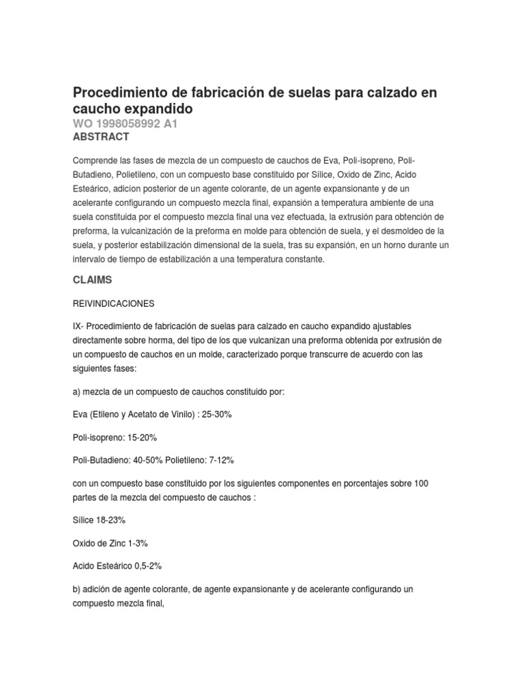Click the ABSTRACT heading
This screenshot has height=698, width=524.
point(100,137)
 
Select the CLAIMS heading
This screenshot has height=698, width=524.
point(92,279)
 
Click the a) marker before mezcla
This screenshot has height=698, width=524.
point(76,392)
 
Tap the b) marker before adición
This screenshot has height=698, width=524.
point(76,588)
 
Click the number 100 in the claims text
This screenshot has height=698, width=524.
point(421,483)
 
